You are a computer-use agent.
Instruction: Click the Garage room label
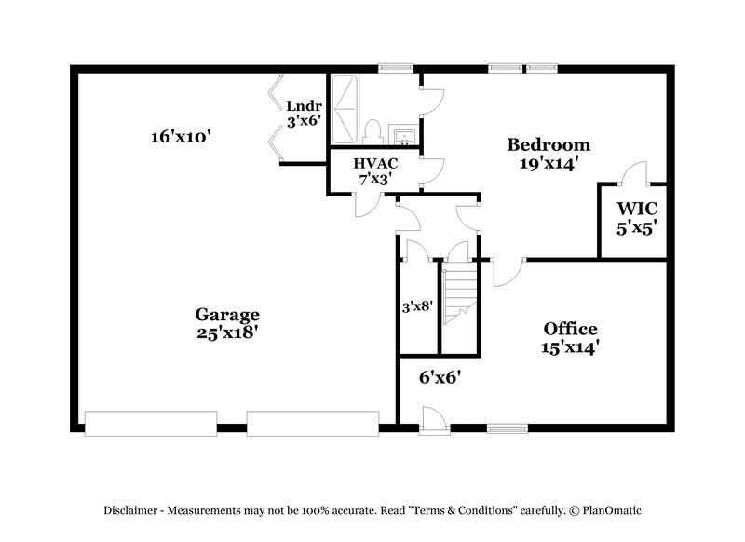click(x=227, y=315)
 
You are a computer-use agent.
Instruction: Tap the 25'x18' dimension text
click(x=227, y=333)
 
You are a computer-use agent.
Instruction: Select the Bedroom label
click(x=549, y=144)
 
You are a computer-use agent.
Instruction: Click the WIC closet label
click(x=631, y=208)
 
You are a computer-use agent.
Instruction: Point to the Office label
click(x=570, y=329)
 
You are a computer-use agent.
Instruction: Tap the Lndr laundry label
click(x=304, y=105)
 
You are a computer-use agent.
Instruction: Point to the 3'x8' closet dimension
click(x=416, y=305)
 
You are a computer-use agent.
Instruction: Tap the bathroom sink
click(x=402, y=138)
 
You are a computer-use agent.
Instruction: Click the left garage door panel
click(x=151, y=423)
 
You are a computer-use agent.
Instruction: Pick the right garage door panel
click(x=312, y=423)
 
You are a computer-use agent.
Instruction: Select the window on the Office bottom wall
click(x=506, y=428)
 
